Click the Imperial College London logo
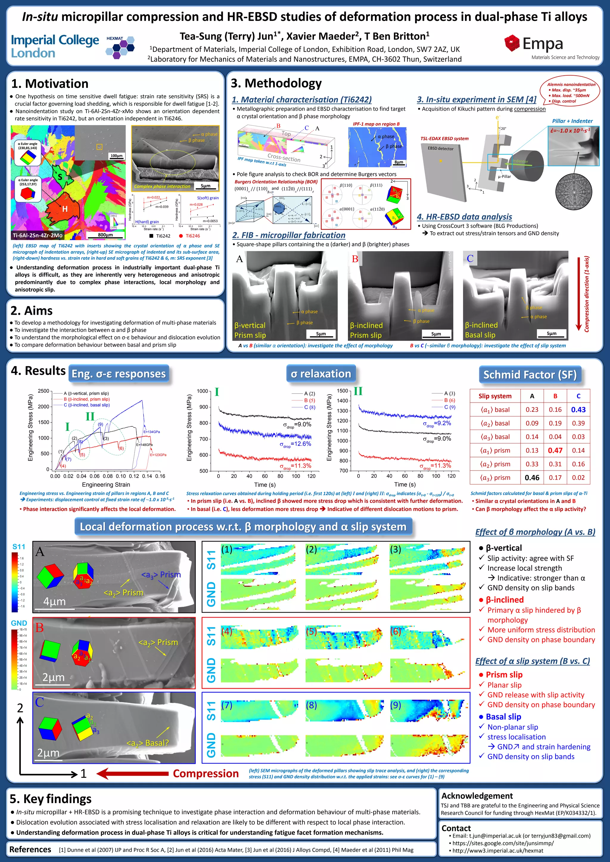(55, 46)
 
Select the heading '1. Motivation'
(49, 83)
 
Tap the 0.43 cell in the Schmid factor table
(578, 410)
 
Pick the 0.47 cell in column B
(555, 450)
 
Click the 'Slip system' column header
(495, 396)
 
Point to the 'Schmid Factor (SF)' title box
(530, 375)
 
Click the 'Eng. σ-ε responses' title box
(118, 374)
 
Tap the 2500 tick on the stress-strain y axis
(43, 391)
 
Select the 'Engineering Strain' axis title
(106, 485)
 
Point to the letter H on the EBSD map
(65, 209)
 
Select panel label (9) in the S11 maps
(396, 705)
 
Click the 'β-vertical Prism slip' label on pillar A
(250, 331)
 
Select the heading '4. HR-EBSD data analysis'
(464, 217)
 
